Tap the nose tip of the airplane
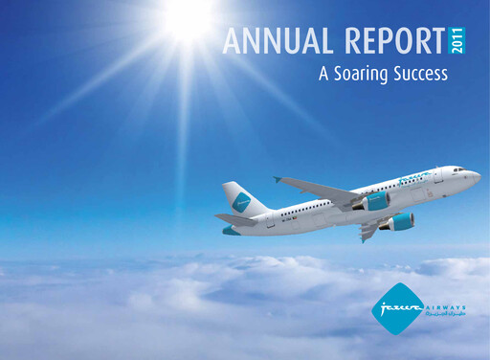(x=479, y=176)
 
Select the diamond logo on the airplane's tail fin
(x=241, y=201)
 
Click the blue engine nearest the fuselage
(x=375, y=201)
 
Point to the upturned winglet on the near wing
(x=278, y=179)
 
